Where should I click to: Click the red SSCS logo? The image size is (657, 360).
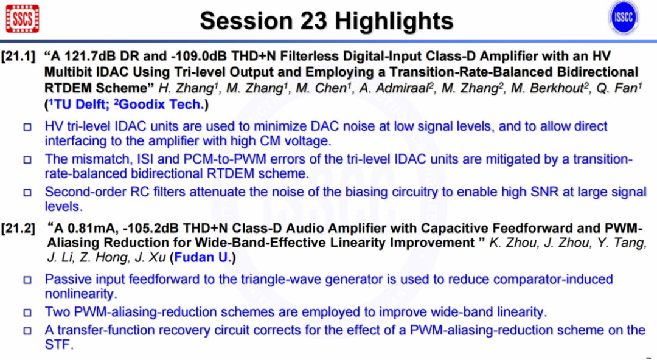coord(23,18)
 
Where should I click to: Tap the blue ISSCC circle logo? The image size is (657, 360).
coord(623,18)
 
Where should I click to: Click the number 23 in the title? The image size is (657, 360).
coord(315,21)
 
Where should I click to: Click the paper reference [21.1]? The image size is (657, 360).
coord(18,56)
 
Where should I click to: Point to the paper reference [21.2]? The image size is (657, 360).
coord(18,229)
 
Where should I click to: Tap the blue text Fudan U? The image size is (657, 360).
coord(203,257)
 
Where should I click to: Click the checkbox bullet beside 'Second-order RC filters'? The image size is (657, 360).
coord(27,192)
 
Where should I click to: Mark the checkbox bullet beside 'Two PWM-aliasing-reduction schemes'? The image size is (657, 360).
coord(27,312)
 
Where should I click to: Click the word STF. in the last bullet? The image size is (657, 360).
coord(59,345)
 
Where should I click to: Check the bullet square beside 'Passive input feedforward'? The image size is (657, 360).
coord(27,280)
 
